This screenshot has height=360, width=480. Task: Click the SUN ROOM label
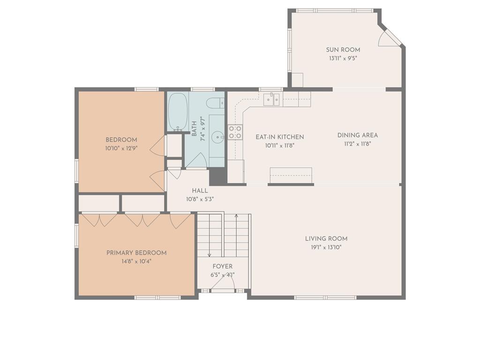point(343,50)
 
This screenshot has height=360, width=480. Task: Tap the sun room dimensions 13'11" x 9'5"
point(343,59)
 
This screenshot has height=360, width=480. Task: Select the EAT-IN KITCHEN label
point(279,137)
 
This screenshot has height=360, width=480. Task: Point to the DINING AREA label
point(357,135)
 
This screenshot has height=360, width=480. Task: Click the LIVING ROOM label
point(326,239)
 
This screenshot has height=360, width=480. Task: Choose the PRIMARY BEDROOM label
point(136,253)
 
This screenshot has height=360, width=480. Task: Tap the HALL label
point(200,191)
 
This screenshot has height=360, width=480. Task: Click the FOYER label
point(222,266)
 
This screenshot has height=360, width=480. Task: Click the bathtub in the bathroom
point(177,112)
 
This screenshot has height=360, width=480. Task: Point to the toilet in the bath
point(216,104)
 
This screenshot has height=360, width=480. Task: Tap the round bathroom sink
point(218,137)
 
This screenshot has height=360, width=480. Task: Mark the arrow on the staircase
point(236,217)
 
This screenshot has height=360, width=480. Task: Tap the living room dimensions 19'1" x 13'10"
point(326,247)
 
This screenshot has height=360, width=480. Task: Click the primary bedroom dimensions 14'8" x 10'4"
point(136,262)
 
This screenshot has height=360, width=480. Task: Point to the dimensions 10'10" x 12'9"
point(121,149)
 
